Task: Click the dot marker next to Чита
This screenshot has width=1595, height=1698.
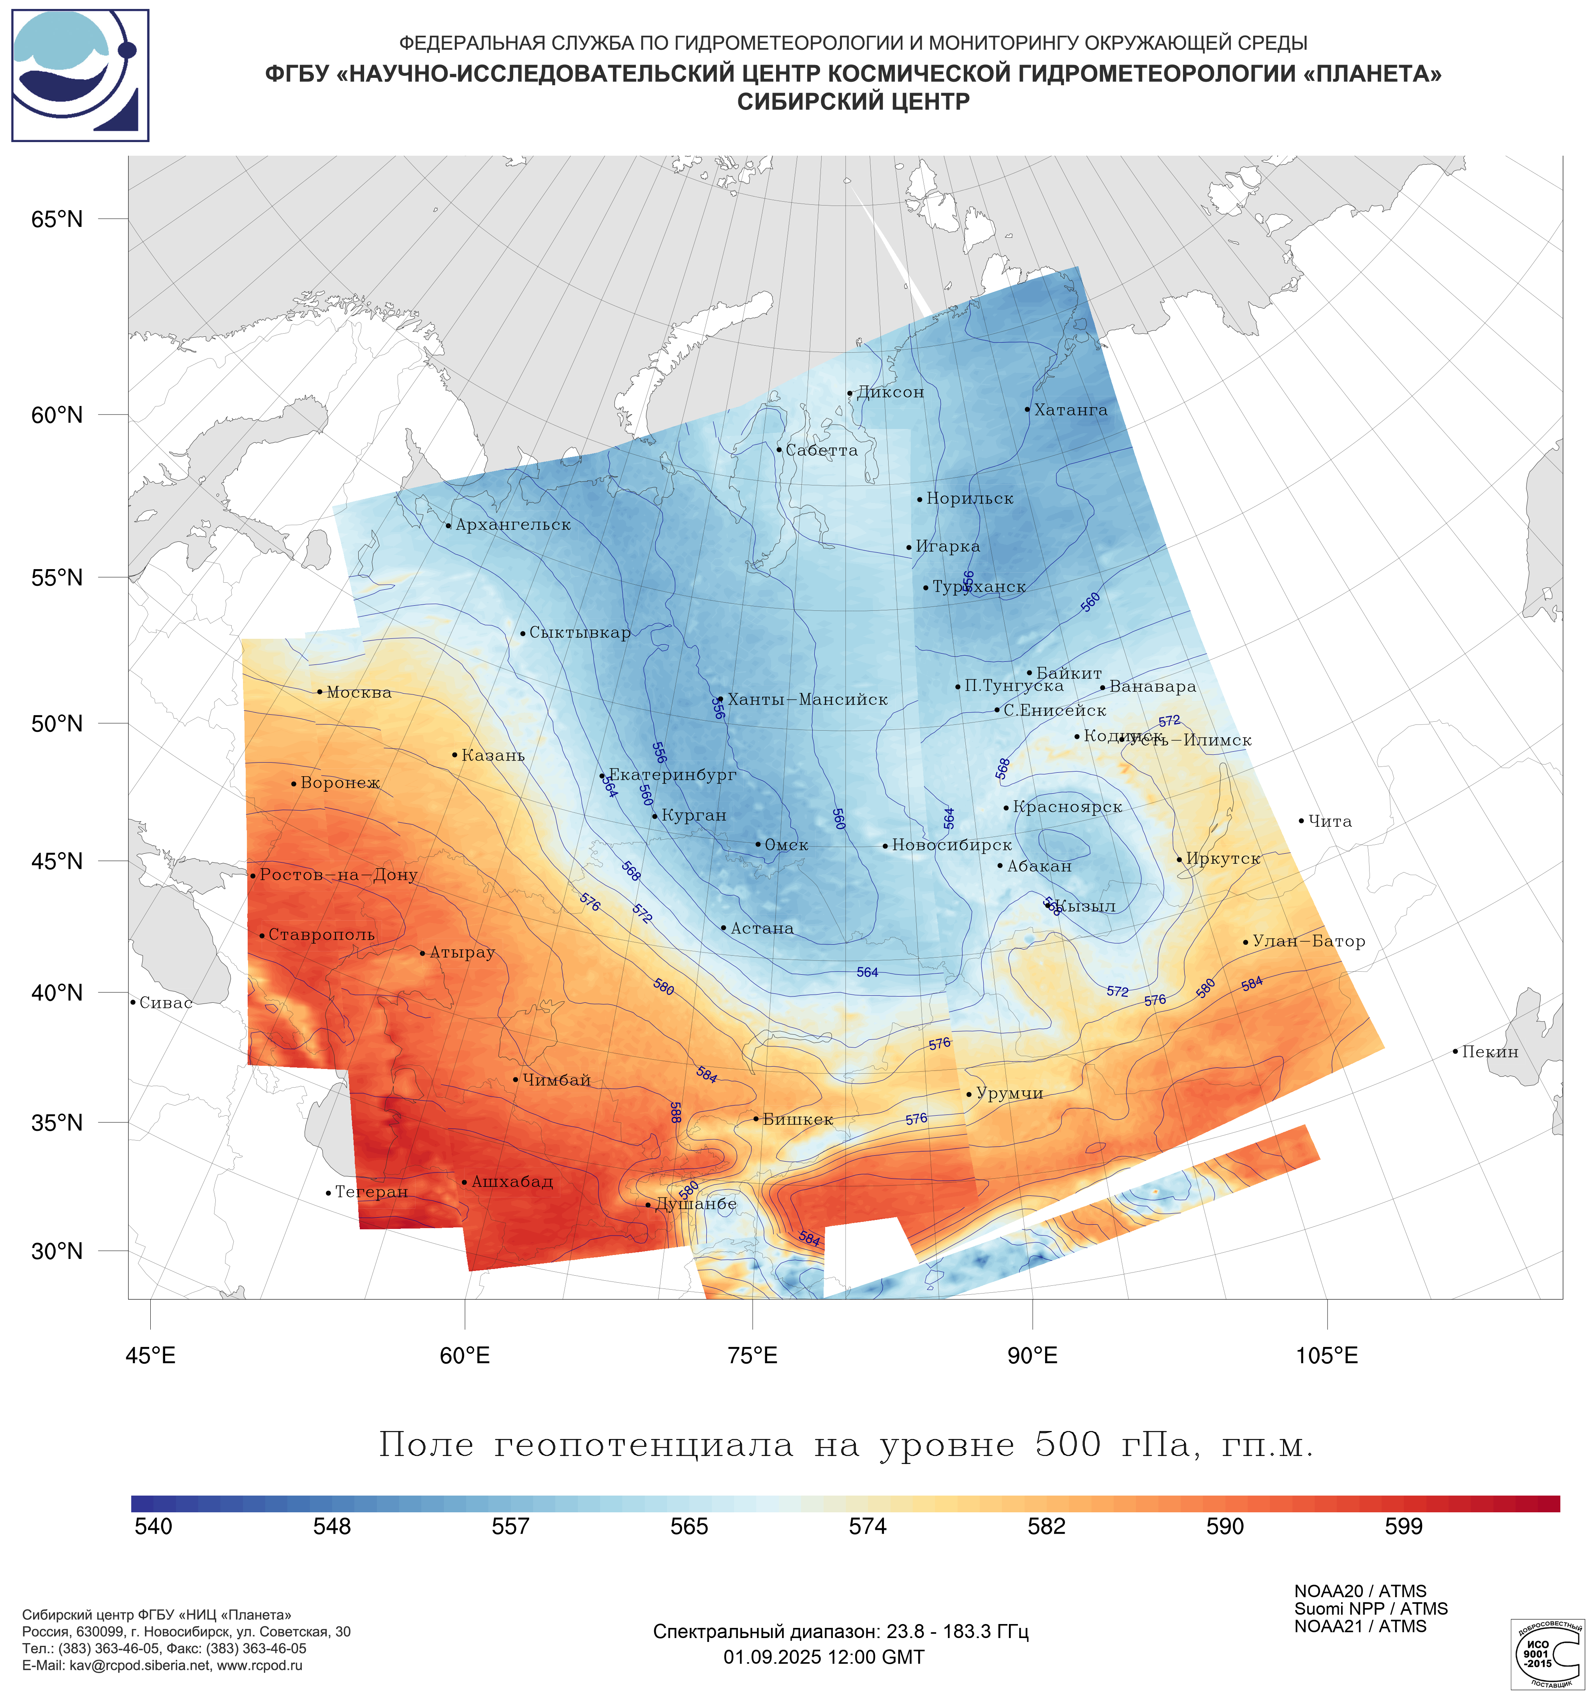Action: pyautogui.click(x=1301, y=821)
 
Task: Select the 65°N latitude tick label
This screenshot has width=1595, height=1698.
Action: pyautogui.click(x=57, y=220)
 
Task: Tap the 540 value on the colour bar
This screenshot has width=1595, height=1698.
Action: pyautogui.click(x=154, y=1526)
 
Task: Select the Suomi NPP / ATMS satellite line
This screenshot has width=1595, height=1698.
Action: pyautogui.click(x=1370, y=1609)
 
